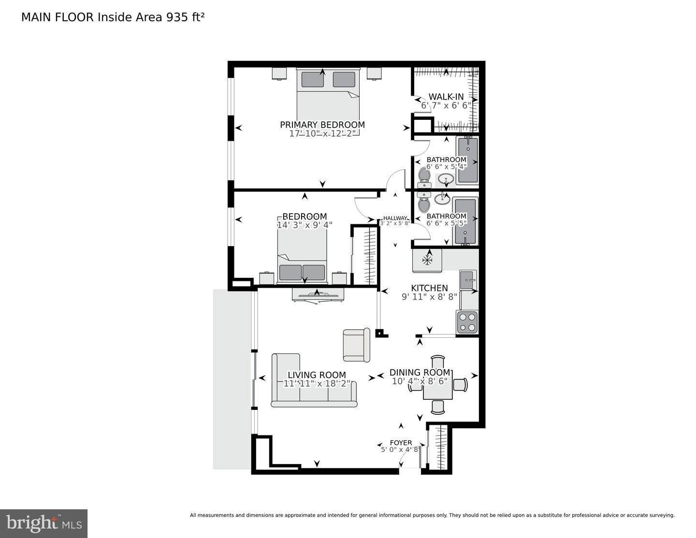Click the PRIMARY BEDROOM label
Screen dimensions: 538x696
coord(322,125)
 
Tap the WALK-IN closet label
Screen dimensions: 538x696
coord(446,97)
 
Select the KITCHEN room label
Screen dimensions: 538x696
coord(429,288)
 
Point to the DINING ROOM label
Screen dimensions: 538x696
coord(420,373)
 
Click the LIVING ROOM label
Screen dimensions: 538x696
coord(317,375)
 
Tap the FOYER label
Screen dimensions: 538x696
coord(401,443)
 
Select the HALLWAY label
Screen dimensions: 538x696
coord(395,218)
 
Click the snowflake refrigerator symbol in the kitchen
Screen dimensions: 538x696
coord(427,261)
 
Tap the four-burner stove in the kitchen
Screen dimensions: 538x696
coord(467,322)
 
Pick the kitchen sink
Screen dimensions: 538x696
coord(468,280)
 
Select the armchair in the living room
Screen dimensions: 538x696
coord(356,345)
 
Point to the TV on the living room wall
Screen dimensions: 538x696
coord(318,295)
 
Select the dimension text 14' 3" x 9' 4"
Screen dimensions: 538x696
coord(304,225)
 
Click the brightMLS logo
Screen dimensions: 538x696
coord(44,523)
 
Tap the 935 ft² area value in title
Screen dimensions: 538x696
coord(185,17)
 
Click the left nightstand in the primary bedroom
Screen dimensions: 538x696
coord(279,73)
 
